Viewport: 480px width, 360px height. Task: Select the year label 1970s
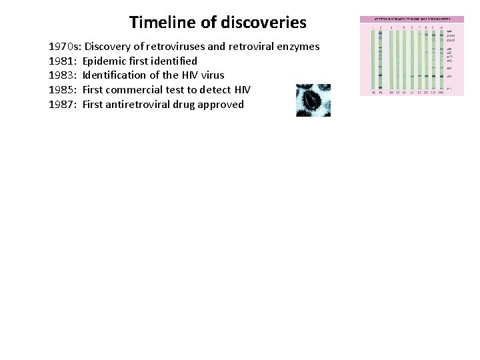(65, 47)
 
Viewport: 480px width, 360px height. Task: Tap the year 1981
(63, 61)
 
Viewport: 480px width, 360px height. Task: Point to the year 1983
(63, 75)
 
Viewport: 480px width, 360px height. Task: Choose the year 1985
(63, 90)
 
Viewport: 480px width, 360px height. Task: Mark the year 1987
(63, 105)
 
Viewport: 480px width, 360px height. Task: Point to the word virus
(211, 75)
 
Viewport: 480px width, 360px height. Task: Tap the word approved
(220, 105)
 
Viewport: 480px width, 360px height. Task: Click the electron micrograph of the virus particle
(313, 100)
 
